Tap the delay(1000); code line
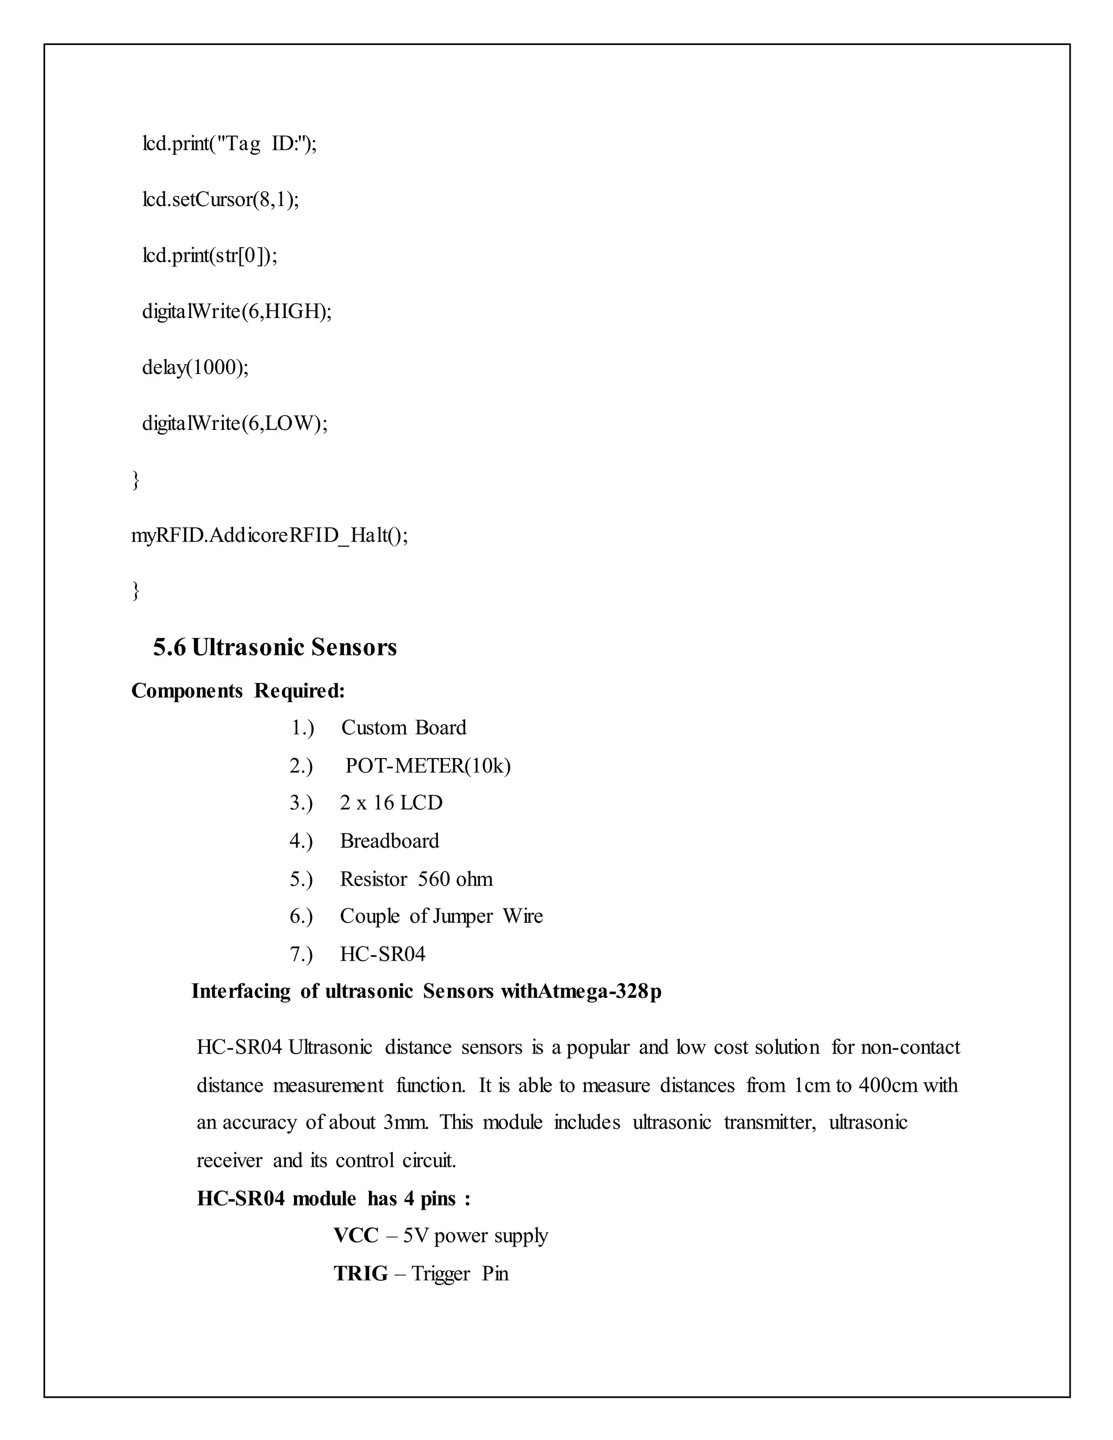195,367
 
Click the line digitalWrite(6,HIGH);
237,311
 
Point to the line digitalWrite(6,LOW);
235,423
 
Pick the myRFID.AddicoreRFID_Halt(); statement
270,535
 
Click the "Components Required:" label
238,691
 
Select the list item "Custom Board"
404,728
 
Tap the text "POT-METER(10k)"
428,766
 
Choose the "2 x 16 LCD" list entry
391,803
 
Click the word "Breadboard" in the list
389,841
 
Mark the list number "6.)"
301,917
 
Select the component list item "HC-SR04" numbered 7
383,954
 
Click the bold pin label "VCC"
355,1236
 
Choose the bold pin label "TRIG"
361,1273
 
